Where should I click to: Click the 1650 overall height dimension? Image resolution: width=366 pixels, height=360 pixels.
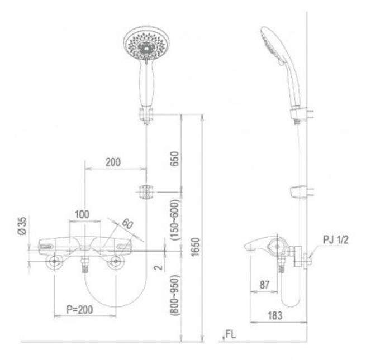pyautogui.click(x=196, y=247)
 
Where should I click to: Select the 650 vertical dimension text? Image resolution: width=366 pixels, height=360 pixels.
pyautogui.click(x=175, y=159)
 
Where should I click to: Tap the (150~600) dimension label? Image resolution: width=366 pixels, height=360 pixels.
pyautogui.click(x=175, y=220)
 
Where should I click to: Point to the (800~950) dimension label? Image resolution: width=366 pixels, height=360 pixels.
pyautogui.click(x=175, y=295)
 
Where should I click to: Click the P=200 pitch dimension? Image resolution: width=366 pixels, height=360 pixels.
pyautogui.click(x=79, y=309)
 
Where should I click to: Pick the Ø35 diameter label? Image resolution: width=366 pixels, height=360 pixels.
pyautogui.click(x=22, y=225)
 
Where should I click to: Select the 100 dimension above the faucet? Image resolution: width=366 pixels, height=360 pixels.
pyautogui.click(x=82, y=214)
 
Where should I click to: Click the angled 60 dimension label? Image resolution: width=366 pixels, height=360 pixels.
pyautogui.click(x=127, y=224)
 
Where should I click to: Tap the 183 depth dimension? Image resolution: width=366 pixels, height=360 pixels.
pyautogui.click(x=275, y=315)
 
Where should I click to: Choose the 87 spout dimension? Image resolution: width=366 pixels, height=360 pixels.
pyautogui.click(x=264, y=285)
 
